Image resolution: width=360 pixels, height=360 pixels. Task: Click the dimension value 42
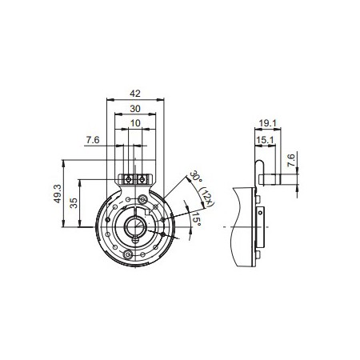pos(134,92)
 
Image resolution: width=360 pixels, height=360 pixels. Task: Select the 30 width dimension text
pos(134,109)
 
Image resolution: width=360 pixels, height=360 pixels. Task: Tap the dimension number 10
pos(134,124)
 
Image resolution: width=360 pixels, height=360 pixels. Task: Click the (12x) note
pos(205,192)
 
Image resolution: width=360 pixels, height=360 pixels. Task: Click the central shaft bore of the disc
pos(136,226)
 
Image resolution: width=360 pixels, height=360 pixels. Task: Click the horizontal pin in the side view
pos(277,178)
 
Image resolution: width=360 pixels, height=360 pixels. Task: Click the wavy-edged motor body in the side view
pos(240,228)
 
